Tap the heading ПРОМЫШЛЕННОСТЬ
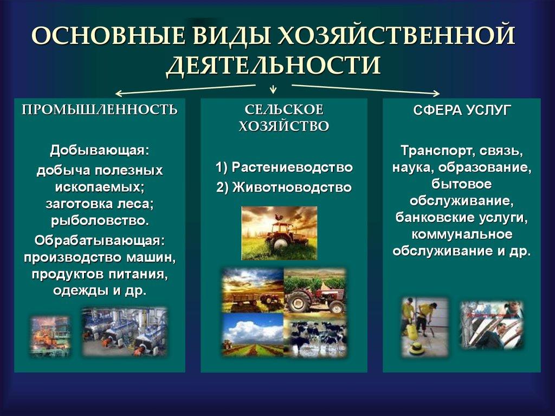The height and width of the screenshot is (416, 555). pyautogui.click(x=99, y=110)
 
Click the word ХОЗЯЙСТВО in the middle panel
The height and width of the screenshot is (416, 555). pyautogui.click(x=283, y=127)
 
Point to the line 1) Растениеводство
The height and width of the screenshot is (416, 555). pyautogui.click(x=284, y=167)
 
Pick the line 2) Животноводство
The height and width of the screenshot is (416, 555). pyautogui.click(x=284, y=188)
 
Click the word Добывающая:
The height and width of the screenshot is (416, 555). pyautogui.click(x=99, y=149)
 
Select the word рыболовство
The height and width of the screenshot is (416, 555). pyautogui.click(x=99, y=221)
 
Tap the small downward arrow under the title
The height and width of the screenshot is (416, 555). pyautogui.click(x=273, y=88)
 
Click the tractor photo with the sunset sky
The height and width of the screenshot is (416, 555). pyautogui.click(x=279, y=233)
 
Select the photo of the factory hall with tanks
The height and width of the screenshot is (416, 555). pyautogui.click(x=125, y=331)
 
